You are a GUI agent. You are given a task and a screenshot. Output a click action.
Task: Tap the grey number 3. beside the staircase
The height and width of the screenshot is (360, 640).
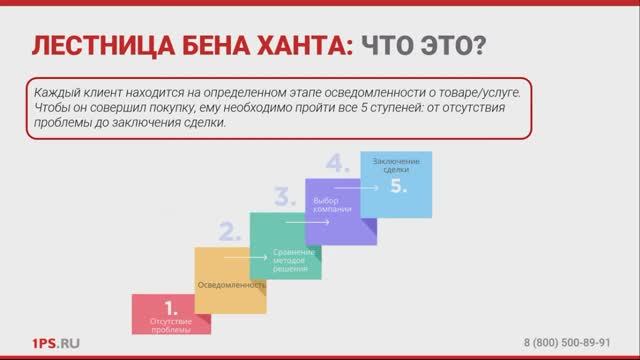coord(286,195)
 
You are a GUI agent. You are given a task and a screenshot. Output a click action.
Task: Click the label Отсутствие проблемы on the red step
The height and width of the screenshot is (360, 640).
coord(169,324)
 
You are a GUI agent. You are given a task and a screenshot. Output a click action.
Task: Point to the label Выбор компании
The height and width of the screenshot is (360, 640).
coord(340,206)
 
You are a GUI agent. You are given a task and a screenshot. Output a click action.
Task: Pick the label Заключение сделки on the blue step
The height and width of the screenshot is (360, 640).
coord(396,165)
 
